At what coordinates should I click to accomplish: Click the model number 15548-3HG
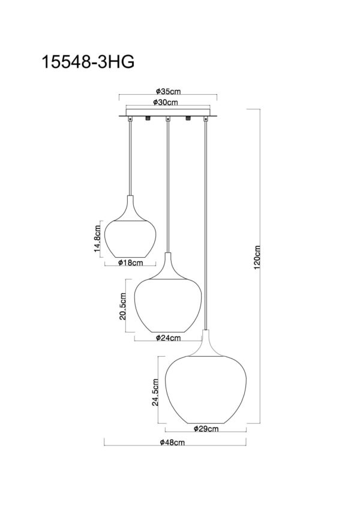(x=88, y=62)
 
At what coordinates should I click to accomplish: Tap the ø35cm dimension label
(x=168, y=91)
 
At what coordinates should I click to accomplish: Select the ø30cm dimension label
(x=166, y=103)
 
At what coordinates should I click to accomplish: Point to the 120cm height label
(x=257, y=257)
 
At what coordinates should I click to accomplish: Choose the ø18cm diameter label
(x=130, y=263)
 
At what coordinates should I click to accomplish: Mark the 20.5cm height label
(x=122, y=306)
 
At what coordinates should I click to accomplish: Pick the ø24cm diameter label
(x=169, y=338)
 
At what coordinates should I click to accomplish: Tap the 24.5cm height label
(x=155, y=392)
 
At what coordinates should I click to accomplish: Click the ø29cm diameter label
(x=206, y=429)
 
